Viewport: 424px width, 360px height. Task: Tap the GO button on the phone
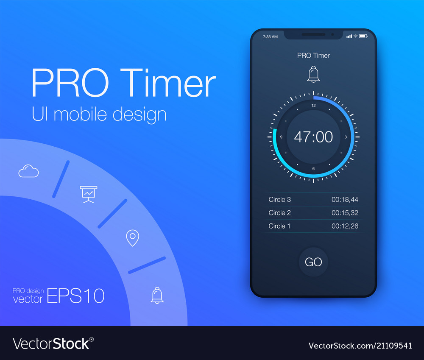point(313,262)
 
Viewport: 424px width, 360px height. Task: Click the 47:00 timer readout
point(313,137)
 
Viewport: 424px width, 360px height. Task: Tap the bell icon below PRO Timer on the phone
point(313,74)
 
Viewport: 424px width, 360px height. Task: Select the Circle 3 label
point(280,199)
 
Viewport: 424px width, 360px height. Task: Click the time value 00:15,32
point(345,213)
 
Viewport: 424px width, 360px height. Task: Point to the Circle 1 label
point(280,226)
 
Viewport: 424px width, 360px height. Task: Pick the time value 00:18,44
point(345,199)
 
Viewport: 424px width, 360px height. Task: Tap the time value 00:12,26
point(345,226)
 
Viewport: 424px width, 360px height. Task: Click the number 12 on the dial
point(313,106)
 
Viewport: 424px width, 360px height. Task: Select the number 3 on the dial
point(346,137)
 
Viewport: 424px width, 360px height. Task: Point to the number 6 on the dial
point(313,169)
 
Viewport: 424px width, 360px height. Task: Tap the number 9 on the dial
point(281,137)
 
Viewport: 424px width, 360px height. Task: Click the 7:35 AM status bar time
point(270,37)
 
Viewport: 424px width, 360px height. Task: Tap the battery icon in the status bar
point(363,36)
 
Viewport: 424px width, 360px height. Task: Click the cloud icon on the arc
point(28,171)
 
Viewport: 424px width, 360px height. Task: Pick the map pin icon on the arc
point(133,238)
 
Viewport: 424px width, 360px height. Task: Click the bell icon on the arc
point(157,295)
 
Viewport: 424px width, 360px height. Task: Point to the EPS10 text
point(75,296)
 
